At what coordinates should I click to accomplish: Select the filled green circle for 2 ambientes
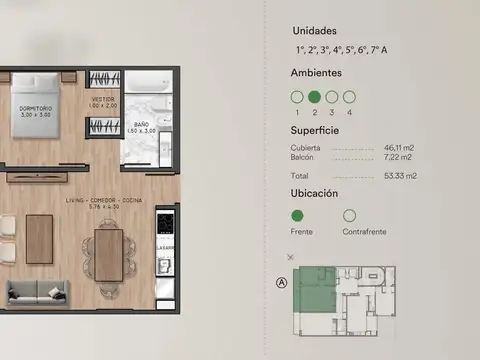(x=315, y=97)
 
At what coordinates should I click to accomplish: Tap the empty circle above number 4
(x=349, y=97)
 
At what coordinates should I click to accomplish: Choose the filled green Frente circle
(x=297, y=215)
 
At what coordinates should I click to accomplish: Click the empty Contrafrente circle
(x=349, y=215)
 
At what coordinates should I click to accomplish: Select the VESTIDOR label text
(x=104, y=99)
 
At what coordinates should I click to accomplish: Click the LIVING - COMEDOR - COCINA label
(x=103, y=201)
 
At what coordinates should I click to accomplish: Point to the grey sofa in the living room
(x=38, y=291)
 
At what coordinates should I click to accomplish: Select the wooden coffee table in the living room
(x=39, y=240)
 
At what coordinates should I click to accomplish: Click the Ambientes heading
(x=316, y=73)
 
